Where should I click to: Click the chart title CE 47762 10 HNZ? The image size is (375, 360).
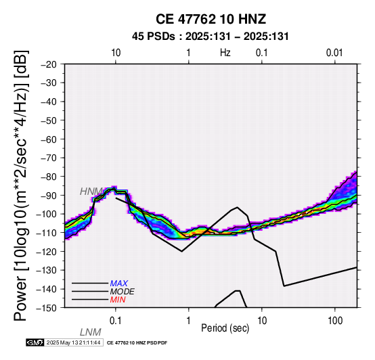click(211, 19)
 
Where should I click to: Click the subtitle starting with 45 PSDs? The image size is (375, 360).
click(211, 37)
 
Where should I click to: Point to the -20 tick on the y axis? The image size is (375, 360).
click(49, 64)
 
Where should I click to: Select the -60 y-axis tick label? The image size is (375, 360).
click(49, 139)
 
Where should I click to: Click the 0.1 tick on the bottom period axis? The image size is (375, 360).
click(115, 321)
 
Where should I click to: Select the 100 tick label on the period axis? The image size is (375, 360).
click(335, 321)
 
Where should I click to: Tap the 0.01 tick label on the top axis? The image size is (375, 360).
click(334, 53)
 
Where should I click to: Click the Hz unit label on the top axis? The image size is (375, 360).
click(225, 53)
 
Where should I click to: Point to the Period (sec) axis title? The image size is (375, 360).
click(225, 328)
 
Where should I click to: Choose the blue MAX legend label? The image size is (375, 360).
click(118, 284)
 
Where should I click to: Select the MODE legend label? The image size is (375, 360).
click(123, 292)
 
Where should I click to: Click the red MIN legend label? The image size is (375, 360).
click(118, 300)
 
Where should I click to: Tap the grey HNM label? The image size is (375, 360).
click(91, 192)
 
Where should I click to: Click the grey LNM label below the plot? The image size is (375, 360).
click(90, 332)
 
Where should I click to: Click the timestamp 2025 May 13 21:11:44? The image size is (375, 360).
click(73, 342)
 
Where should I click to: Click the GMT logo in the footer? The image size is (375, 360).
click(35, 342)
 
